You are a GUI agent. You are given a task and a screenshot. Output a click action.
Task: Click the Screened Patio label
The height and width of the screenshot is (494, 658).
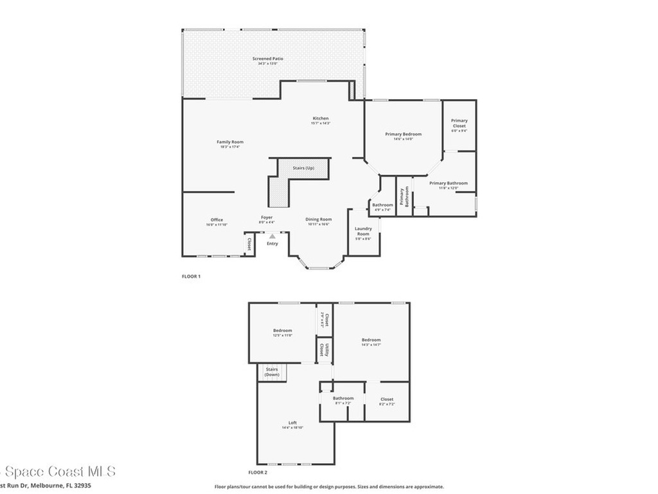pyautogui.click(x=267, y=59)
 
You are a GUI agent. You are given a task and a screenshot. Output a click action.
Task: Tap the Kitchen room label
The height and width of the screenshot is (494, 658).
pyautogui.click(x=321, y=118)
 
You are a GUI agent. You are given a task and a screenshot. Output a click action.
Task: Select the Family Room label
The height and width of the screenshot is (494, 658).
pyautogui.click(x=229, y=142)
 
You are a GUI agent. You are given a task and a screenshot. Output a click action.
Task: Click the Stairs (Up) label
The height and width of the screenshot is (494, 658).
pyautogui.click(x=303, y=168)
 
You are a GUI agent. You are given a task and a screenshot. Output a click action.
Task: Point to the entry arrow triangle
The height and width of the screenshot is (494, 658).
pyautogui.click(x=272, y=237)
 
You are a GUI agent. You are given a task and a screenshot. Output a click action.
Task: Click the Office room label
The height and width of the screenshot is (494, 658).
pyautogui.click(x=217, y=220)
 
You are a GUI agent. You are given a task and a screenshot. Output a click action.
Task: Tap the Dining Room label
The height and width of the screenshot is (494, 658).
pyautogui.click(x=318, y=219)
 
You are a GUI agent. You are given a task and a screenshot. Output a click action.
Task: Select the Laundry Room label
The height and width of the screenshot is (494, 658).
pyautogui.click(x=363, y=232)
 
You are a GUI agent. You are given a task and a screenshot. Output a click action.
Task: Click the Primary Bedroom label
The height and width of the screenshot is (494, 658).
pyautogui.click(x=403, y=134)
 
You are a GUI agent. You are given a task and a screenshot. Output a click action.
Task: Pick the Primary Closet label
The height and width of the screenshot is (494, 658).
pyautogui.click(x=459, y=123)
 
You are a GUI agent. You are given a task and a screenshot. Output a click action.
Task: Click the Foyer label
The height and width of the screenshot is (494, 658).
pyautogui.click(x=267, y=217)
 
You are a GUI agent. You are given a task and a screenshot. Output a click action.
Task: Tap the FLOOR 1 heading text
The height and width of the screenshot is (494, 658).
pyautogui.click(x=191, y=277)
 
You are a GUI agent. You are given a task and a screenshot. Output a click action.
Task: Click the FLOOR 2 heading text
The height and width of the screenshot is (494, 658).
pyautogui.click(x=258, y=471)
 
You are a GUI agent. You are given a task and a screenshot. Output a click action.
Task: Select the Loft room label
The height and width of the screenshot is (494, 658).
pyautogui.click(x=292, y=423)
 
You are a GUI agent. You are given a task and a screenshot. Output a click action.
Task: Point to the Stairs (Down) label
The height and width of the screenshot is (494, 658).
pyautogui.click(x=272, y=372)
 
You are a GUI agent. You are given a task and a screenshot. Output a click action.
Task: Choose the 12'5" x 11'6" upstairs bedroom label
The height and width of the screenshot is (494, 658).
pyautogui.click(x=283, y=331)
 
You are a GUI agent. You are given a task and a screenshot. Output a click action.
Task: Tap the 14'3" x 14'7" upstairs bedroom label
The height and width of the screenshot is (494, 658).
pyautogui.click(x=371, y=340)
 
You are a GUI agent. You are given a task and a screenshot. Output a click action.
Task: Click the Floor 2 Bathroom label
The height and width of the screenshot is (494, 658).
pyautogui.click(x=343, y=398)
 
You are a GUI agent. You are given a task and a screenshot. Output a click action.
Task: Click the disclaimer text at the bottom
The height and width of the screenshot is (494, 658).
pyautogui.click(x=328, y=487)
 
